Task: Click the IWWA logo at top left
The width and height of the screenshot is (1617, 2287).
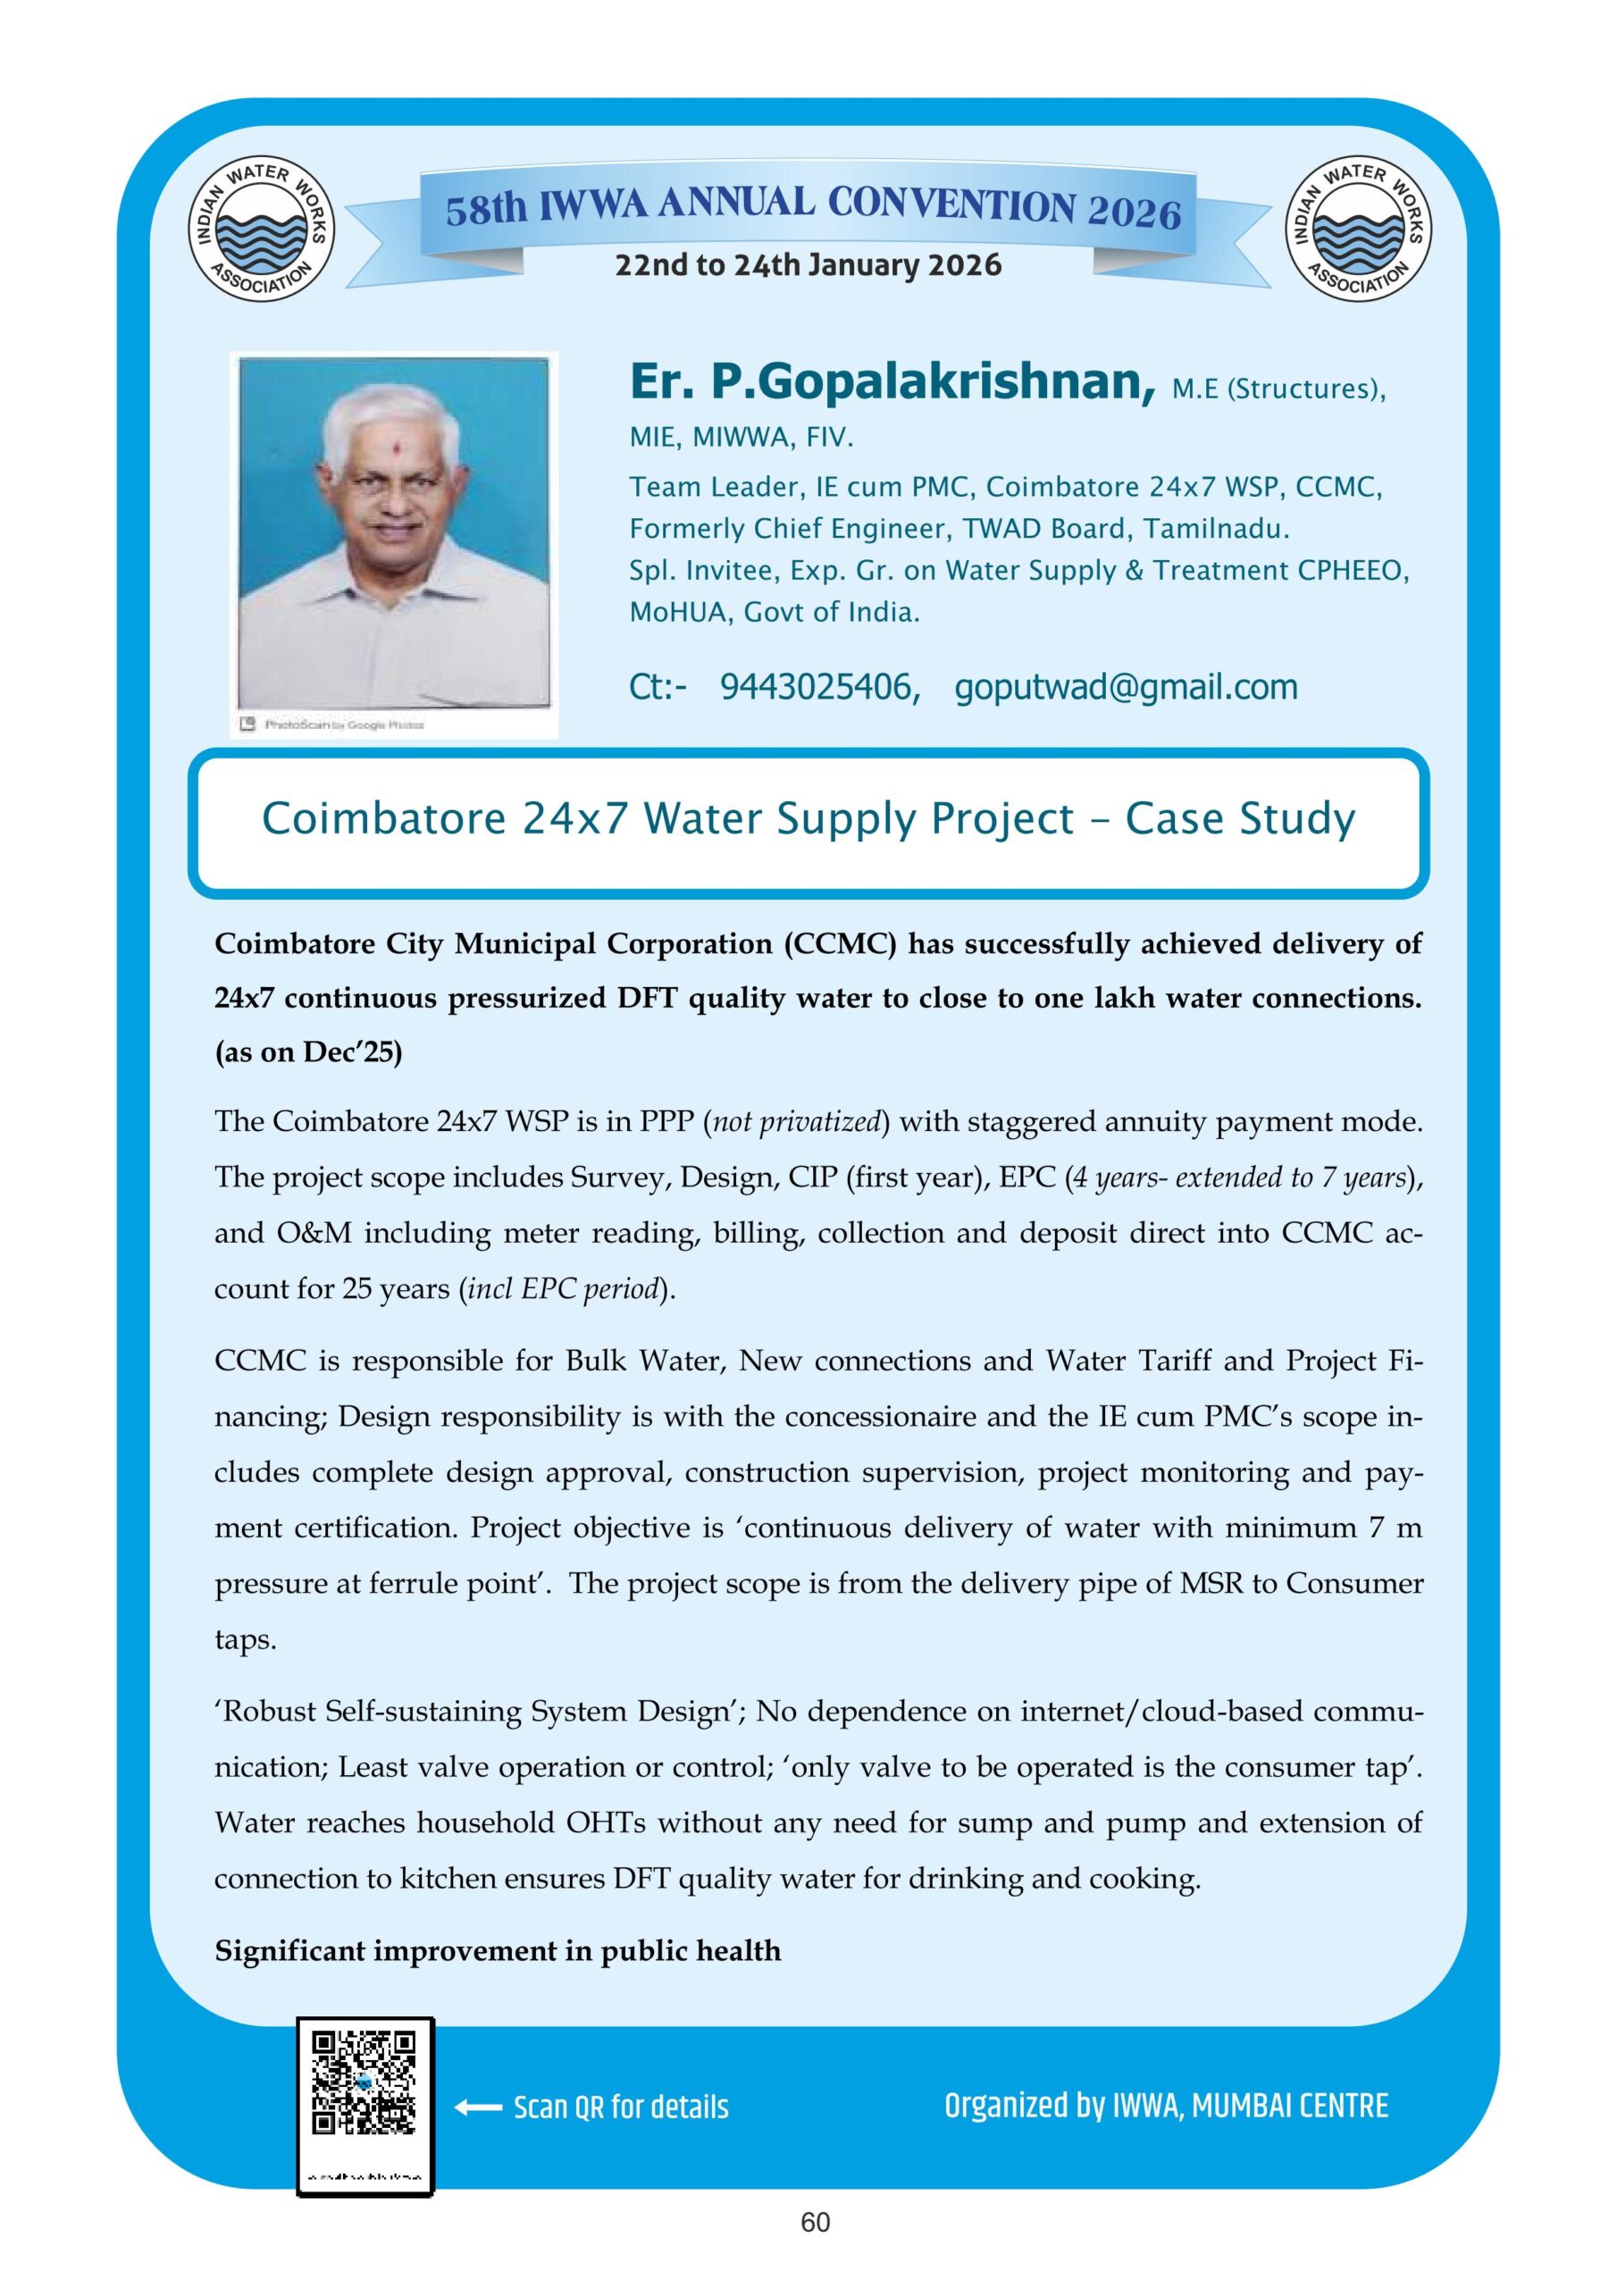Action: pos(262,231)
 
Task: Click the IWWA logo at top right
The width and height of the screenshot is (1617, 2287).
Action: pos(1359,231)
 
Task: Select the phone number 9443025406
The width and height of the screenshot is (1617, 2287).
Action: pos(819,687)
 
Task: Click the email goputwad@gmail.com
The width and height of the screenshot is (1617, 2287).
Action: pos(1126,687)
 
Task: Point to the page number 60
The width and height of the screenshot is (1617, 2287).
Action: pos(815,2242)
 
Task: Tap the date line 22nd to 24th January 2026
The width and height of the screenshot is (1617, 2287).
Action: pos(808,265)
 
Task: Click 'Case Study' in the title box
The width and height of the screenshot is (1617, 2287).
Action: pos(1239,819)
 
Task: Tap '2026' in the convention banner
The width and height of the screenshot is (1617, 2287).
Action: pos(1134,212)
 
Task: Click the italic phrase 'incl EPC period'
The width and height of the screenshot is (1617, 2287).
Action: pos(564,1289)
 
